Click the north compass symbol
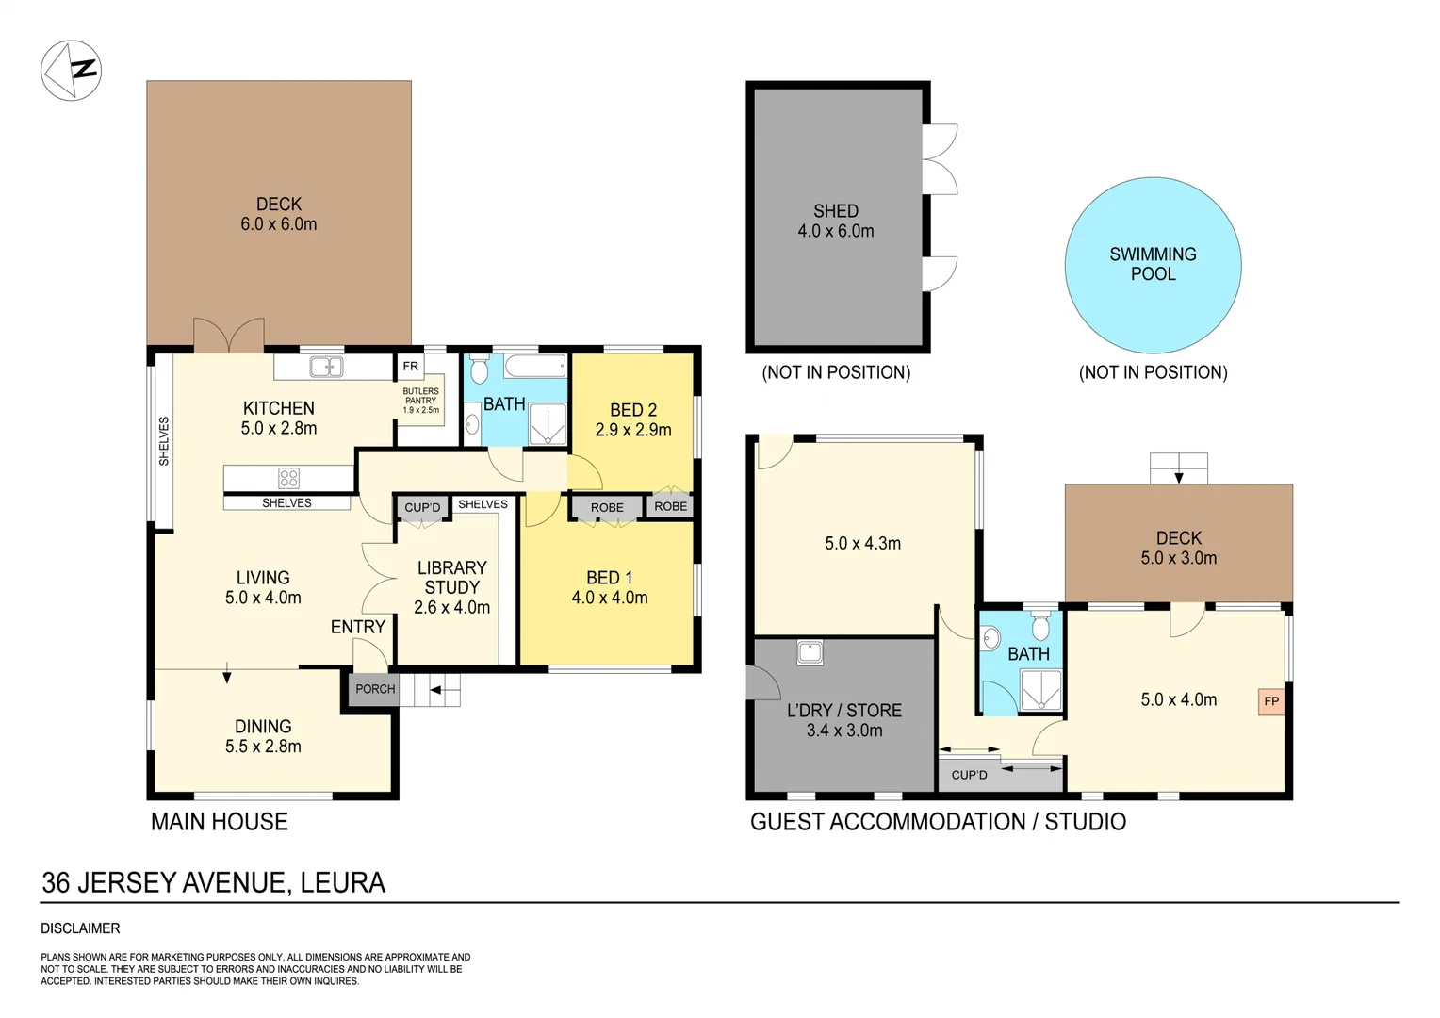71,71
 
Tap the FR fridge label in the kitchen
410,366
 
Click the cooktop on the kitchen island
288,478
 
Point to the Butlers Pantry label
420,400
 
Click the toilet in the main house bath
479,369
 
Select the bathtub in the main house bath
534,366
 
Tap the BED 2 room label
633,419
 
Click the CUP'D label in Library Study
422,507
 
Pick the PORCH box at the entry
375,689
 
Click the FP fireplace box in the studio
1270,701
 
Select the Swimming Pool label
1153,264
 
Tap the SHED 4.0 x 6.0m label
836,221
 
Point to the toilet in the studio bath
1040,626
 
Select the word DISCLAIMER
80,928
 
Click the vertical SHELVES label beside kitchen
163,441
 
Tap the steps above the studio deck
1178,468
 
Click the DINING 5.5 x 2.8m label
263,736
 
